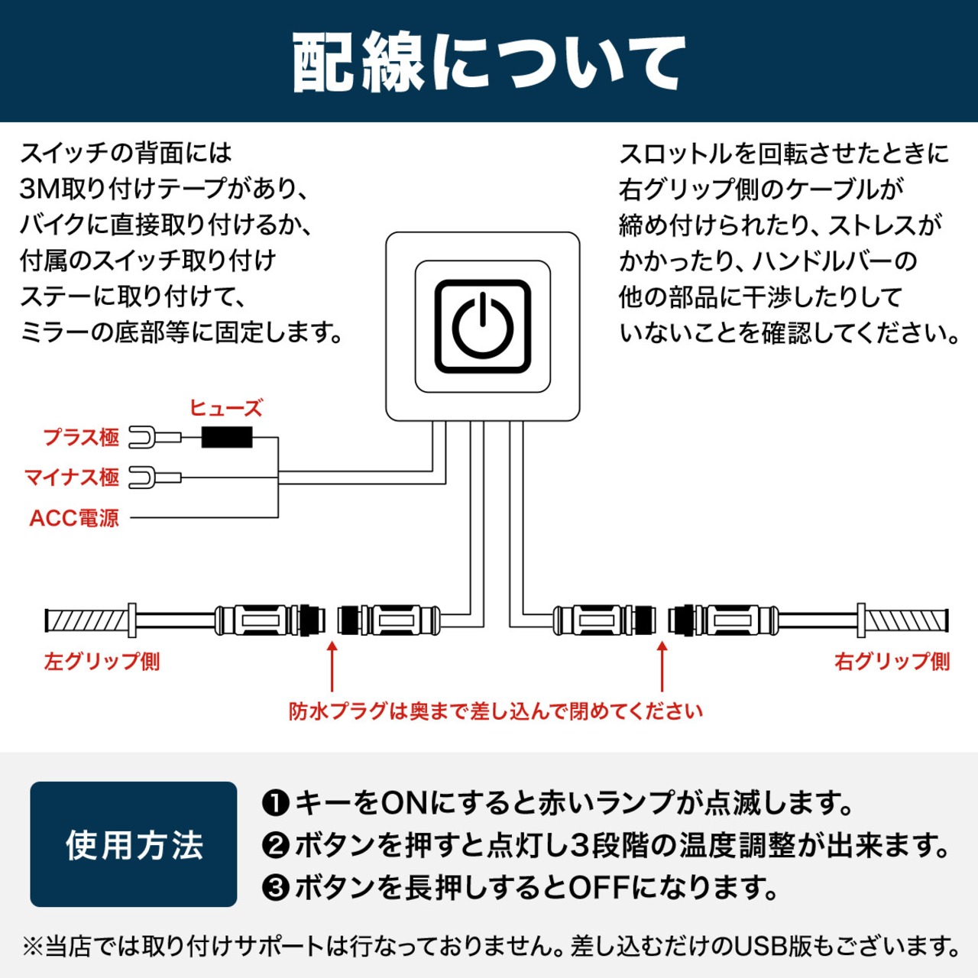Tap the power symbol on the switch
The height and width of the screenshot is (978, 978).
pyautogui.click(x=483, y=327)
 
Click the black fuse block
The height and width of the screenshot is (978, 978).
pyautogui.click(x=226, y=438)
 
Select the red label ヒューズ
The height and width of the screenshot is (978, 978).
pyautogui.click(x=225, y=408)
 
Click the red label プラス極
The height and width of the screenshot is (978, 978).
pyautogui.click(x=81, y=438)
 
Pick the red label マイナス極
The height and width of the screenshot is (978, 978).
pyautogui.click(x=72, y=478)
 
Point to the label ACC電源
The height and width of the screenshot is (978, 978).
pyautogui.click(x=74, y=518)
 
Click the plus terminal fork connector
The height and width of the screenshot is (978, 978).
pyautogui.click(x=145, y=438)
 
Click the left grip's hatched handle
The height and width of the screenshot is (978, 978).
pyautogui.click(x=86, y=620)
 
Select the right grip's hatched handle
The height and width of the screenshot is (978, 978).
pyautogui.click(x=906, y=620)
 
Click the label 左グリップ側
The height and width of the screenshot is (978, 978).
pyautogui.click(x=102, y=661)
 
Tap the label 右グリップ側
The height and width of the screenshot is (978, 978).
pyautogui.click(x=892, y=661)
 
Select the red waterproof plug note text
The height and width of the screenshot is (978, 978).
pyautogui.click(x=495, y=711)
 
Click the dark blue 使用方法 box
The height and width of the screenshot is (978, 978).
pyautogui.click(x=134, y=844)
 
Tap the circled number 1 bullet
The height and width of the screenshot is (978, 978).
pyautogui.click(x=275, y=803)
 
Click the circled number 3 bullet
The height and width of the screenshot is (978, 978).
pyautogui.click(x=275, y=888)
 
